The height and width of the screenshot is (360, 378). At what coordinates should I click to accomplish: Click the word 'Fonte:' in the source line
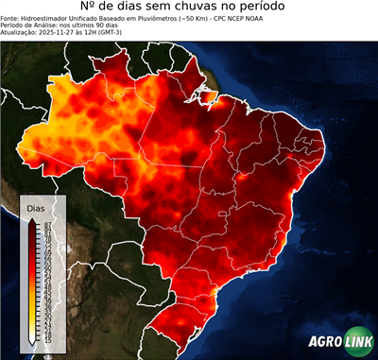10,18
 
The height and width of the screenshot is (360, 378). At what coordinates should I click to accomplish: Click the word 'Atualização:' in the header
18,33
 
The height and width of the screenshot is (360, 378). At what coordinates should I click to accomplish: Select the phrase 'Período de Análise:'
28,26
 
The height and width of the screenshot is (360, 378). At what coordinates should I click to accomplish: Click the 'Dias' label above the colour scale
36,207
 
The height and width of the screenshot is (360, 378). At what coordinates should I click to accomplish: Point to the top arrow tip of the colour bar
35,219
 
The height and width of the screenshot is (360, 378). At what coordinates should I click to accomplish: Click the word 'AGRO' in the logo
327,342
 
